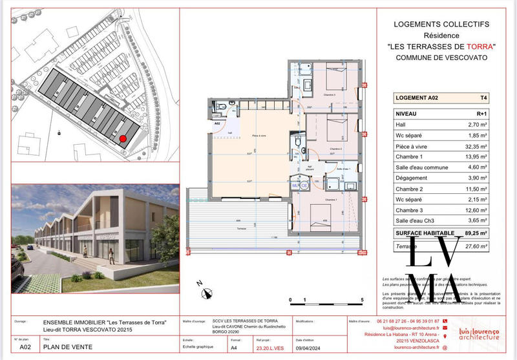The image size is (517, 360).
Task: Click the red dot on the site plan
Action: click(x=123, y=137)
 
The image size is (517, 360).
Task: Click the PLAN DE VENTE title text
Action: click(x=67, y=347)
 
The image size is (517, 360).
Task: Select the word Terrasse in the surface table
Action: click(x=406, y=246)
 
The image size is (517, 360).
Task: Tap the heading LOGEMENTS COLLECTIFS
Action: click(x=442, y=24)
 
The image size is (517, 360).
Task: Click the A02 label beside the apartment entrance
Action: click(x=218, y=122)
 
